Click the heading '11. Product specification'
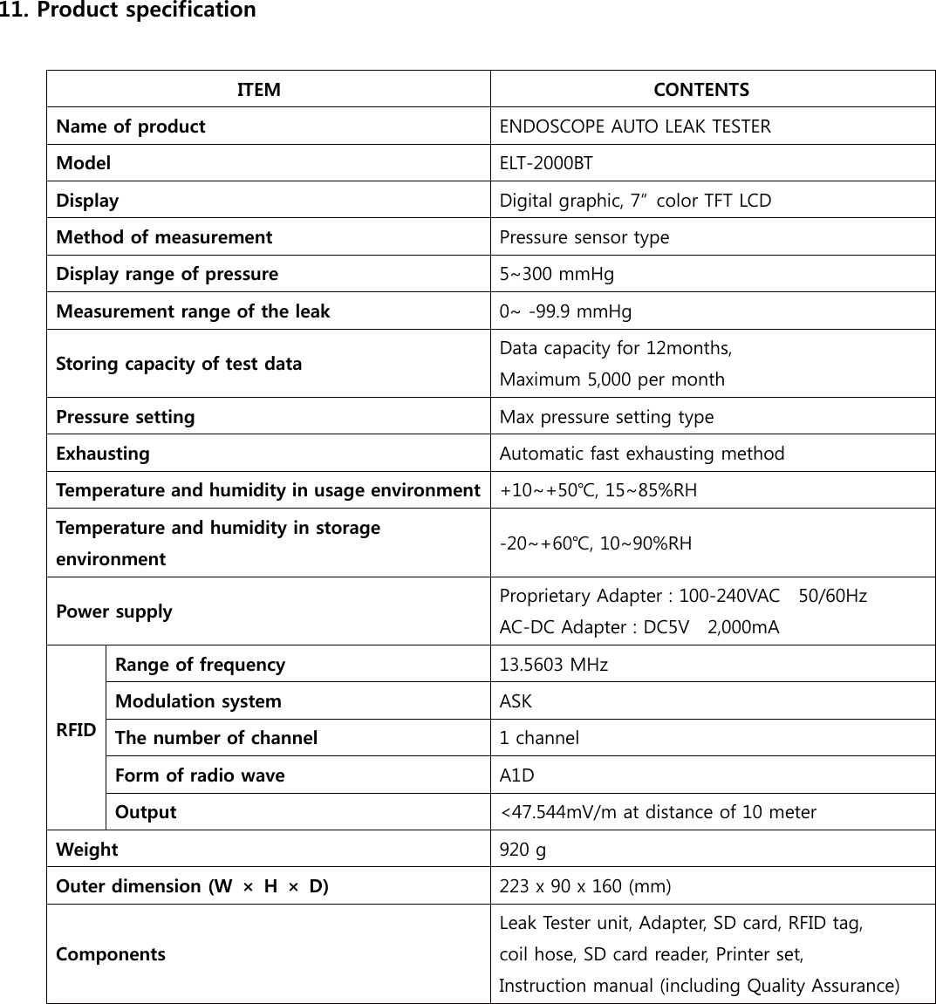pyautogui.click(x=128, y=11)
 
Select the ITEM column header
pyautogui.click(x=259, y=90)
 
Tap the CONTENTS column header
pyautogui.click(x=700, y=90)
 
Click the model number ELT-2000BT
pyautogui.click(x=545, y=163)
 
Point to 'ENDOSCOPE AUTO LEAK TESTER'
pyautogui.click(x=634, y=126)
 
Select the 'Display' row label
pyautogui.click(x=87, y=201)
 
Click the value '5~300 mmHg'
pyautogui.click(x=556, y=274)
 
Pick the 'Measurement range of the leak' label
pyautogui.click(x=193, y=311)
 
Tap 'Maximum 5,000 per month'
pyautogui.click(x=611, y=379)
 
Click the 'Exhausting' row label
pyautogui.click(x=102, y=454)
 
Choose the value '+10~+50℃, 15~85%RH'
pyautogui.click(x=598, y=490)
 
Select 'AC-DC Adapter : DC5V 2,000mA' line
pyautogui.click(x=639, y=627)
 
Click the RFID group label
pyautogui.click(x=76, y=730)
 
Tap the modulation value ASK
pyautogui.click(x=515, y=701)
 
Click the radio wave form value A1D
pyautogui.click(x=516, y=775)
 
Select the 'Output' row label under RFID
pyautogui.click(x=146, y=812)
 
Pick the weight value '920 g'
pyautogui.click(x=523, y=850)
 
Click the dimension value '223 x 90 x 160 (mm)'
pyautogui.click(x=584, y=886)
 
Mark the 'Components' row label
pyautogui.click(x=110, y=954)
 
